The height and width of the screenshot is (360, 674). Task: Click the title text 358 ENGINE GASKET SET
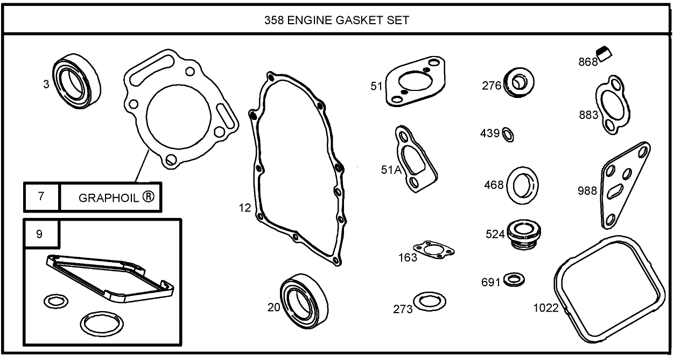[336, 20]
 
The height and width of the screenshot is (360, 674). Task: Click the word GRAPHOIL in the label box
[109, 197]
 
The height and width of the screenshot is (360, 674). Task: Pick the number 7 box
[41, 196]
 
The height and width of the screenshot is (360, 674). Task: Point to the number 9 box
[39, 234]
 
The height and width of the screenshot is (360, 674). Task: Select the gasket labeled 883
[610, 103]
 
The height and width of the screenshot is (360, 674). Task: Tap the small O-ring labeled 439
[508, 134]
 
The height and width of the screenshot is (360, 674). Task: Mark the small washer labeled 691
[516, 279]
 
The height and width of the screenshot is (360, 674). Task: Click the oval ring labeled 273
[430, 301]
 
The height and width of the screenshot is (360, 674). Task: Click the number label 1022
[545, 309]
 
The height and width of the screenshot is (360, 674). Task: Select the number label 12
[245, 208]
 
